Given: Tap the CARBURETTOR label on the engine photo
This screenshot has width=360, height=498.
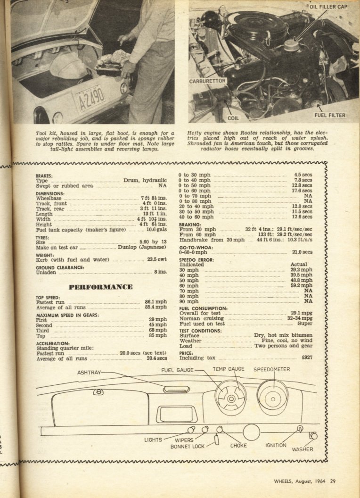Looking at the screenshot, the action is [x=208, y=81].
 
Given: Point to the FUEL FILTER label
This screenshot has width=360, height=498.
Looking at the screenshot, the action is [x=330, y=115].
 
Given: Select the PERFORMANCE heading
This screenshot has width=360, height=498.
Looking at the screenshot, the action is [x=100, y=287].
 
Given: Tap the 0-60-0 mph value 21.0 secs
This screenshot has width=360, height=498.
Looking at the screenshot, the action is [x=302, y=252].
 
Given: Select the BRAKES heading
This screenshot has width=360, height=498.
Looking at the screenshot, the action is [x=44, y=175].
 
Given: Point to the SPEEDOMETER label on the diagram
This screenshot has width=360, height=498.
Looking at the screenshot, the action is [x=272, y=369].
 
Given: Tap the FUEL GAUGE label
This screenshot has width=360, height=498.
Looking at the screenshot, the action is [x=177, y=371].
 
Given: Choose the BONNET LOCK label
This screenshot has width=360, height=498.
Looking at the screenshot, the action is [x=187, y=446].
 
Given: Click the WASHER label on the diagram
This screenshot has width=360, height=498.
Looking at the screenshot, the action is [x=302, y=449].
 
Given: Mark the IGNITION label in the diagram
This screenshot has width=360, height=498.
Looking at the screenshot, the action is [x=276, y=445].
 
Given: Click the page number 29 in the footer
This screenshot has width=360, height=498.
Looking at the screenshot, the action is [x=332, y=481].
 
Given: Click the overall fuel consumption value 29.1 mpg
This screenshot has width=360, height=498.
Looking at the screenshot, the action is [x=302, y=313].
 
